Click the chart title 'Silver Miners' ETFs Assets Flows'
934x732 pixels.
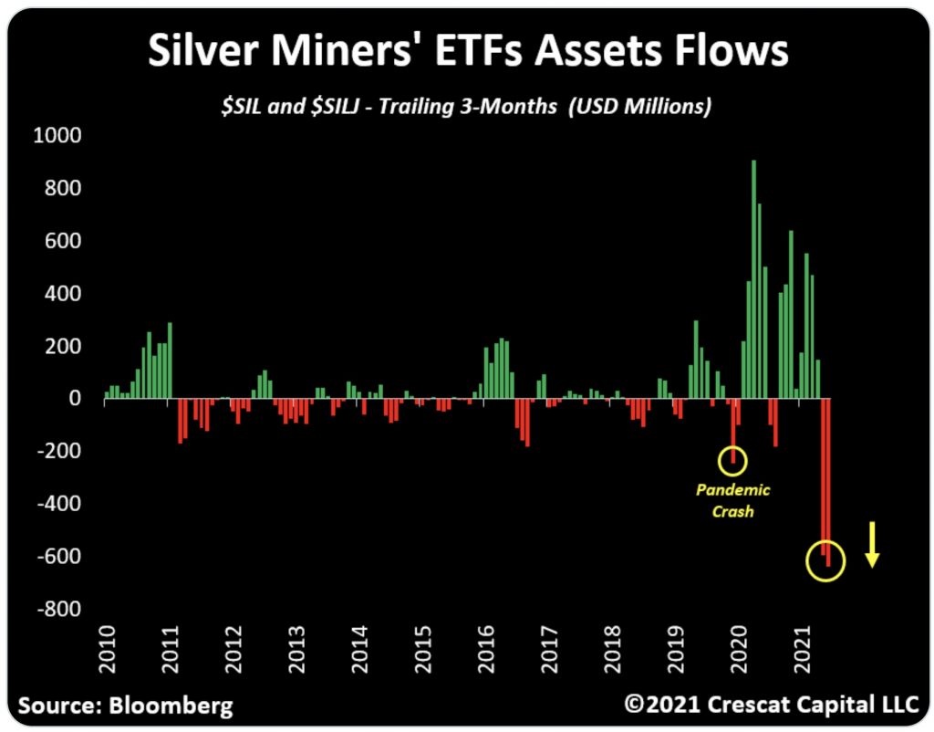[467, 53]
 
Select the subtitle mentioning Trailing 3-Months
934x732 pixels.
[466, 106]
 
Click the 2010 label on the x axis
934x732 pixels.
[107, 649]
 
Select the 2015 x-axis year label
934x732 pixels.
[420, 649]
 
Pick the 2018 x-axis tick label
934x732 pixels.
[612, 649]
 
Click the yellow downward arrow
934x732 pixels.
[872, 545]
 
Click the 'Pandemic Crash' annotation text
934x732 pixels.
[733, 500]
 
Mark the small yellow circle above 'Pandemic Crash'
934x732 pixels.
[732, 461]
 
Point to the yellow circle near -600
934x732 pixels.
[826, 562]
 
